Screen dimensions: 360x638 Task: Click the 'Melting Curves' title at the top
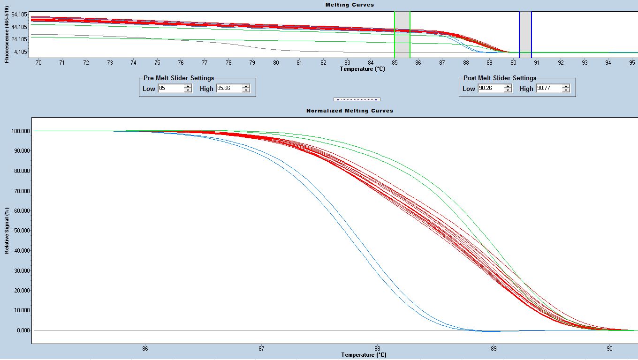tap(349, 5)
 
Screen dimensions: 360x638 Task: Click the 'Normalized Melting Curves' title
tap(349, 111)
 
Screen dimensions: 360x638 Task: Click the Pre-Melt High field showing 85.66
tap(228, 89)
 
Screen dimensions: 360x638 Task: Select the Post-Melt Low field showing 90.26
tap(490, 89)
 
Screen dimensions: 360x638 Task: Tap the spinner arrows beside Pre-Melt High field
tap(246, 89)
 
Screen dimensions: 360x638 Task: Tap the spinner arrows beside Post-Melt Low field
tap(508, 89)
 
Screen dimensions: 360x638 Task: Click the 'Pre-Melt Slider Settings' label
tap(178, 78)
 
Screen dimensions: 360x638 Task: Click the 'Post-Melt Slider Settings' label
tap(499, 78)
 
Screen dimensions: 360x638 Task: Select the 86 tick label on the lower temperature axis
tap(145, 349)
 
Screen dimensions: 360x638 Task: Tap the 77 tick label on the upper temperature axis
tap(205, 62)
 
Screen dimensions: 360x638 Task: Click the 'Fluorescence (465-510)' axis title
tap(7, 34)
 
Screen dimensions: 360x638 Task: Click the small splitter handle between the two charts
tap(357, 99)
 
